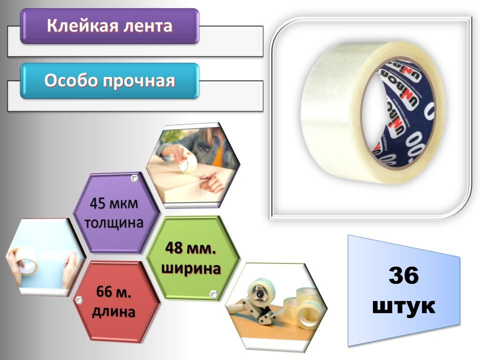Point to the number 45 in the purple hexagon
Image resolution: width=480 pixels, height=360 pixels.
click(x=98, y=205)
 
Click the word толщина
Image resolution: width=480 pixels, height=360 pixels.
click(x=113, y=221)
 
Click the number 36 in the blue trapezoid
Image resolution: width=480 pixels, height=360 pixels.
click(x=404, y=276)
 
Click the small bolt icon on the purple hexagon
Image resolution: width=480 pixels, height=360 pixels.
click(x=134, y=178)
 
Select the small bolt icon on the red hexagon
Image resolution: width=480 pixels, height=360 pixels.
click(x=78, y=300)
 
